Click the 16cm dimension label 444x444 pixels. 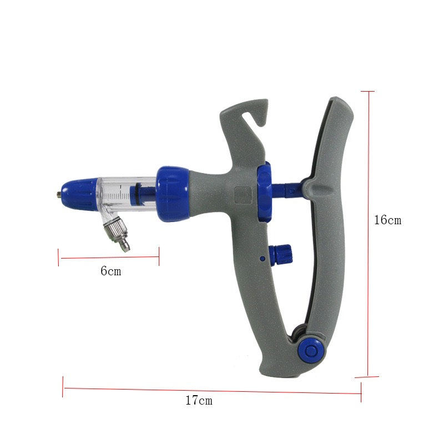[x=387, y=220]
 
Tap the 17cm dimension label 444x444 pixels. [x=199, y=400]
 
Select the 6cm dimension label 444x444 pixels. [x=110, y=271]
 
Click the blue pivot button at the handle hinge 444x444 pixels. [x=311, y=351]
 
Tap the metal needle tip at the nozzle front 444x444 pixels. [x=59, y=195]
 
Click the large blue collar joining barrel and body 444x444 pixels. [x=172, y=194]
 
